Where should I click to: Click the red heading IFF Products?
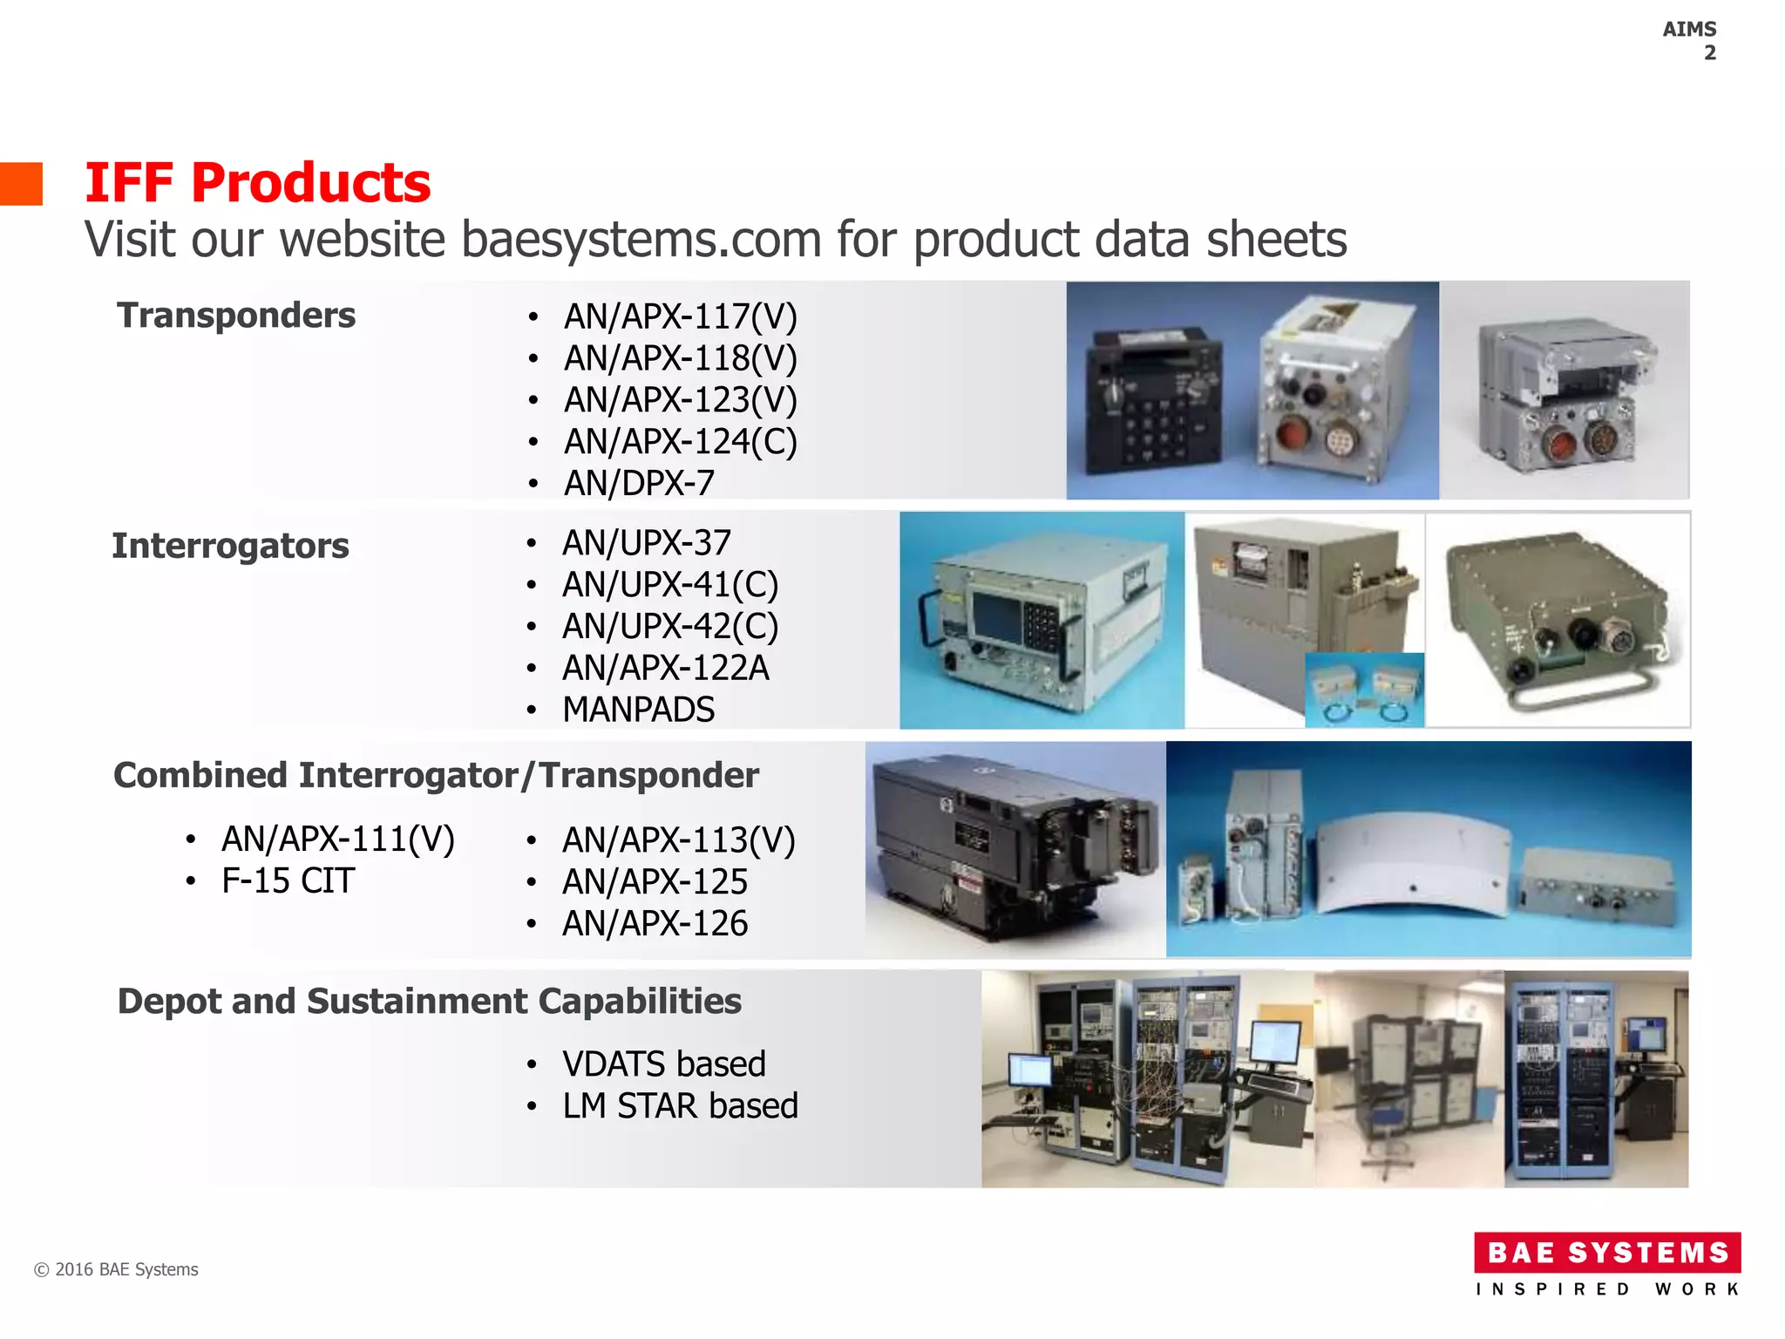click(x=257, y=183)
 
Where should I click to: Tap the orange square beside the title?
click(x=21, y=184)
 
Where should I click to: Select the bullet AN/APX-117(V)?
click(x=680, y=316)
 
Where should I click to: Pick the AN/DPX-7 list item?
click(x=639, y=483)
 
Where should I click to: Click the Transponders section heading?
click(x=236, y=316)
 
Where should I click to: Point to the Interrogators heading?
click(x=230, y=546)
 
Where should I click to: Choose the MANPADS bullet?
click(x=638, y=710)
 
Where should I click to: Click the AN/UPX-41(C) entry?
click(x=669, y=585)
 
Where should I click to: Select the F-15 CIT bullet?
click(x=288, y=881)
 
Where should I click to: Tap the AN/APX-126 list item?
click(x=655, y=924)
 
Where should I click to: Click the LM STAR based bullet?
click(x=680, y=1106)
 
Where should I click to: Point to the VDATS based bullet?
click(x=663, y=1064)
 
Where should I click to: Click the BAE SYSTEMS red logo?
click(x=1607, y=1253)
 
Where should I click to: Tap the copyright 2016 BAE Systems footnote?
click(x=116, y=1269)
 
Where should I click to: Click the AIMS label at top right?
click(x=1689, y=30)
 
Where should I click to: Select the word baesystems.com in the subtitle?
click(x=641, y=240)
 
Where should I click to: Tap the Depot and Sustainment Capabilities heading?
click(x=429, y=1002)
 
